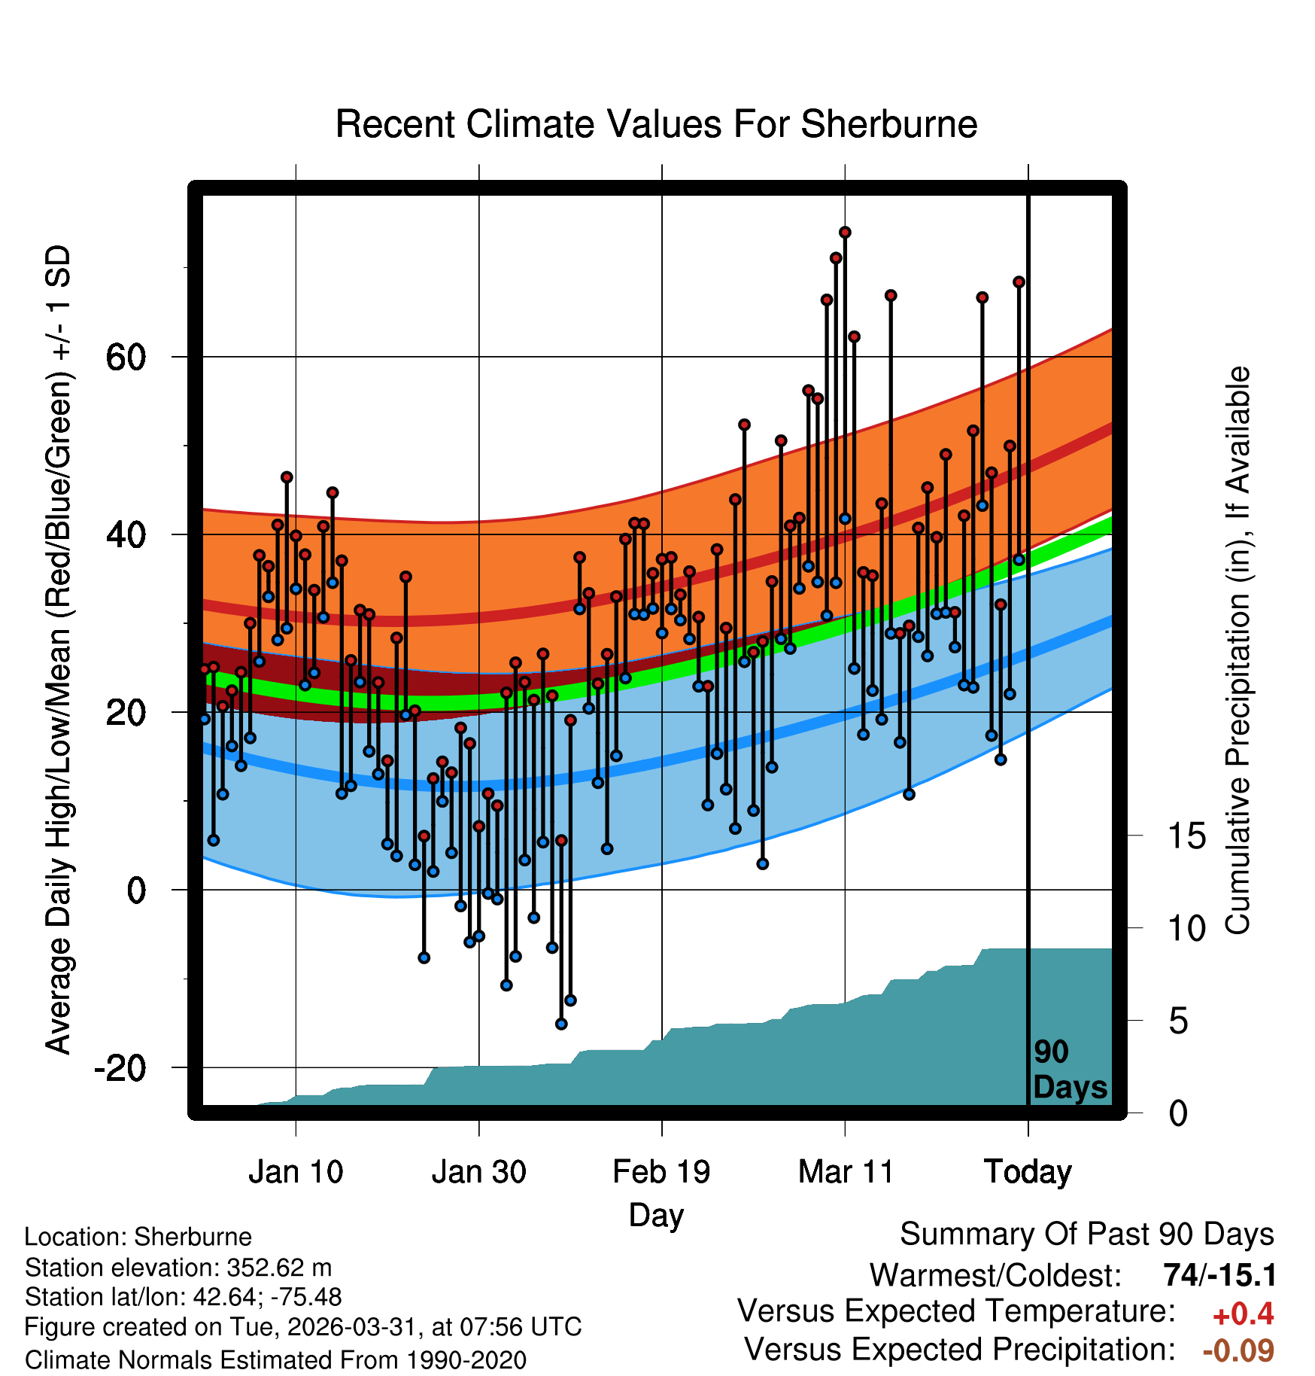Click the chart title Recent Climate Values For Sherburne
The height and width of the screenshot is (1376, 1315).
click(x=656, y=124)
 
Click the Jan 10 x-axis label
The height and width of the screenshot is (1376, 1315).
click(x=296, y=1172)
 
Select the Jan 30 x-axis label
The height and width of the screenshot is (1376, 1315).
click(x=478, y=1172)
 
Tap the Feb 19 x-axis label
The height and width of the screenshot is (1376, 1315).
click(x=661, y=1172)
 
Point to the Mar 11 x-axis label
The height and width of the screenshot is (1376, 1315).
click(x=846, y=1172)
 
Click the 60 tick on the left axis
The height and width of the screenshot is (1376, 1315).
click(x=126, y=357)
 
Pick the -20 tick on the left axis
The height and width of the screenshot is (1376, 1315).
click(x=120, y=1067)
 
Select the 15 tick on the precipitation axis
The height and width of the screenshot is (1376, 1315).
click(x=1187, y=836)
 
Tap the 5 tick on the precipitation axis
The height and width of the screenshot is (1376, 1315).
click(x=1179, y=1021)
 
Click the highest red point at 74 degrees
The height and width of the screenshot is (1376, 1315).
click(x=845, y=232)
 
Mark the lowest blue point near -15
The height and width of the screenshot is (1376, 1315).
click(x=561, y=1024)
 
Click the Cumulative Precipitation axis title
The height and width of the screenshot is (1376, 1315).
click(x=1238, y=650)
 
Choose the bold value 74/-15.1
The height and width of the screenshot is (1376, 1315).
click(x=1219, y=1275)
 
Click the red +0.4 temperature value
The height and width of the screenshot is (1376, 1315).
click(x=1243, y=1314)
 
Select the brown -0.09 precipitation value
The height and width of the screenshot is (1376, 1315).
click(x=1238, y=1350)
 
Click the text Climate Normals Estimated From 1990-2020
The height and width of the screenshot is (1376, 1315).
click(x=275, y=1360)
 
